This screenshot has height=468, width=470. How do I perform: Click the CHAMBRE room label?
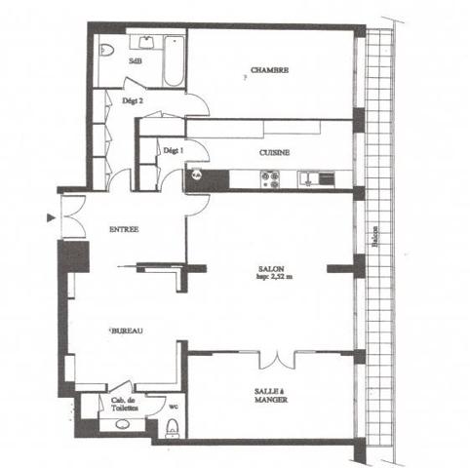[268, 69]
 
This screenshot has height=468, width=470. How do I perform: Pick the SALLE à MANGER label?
[268, 395]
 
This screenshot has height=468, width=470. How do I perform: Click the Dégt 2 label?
[134, 100]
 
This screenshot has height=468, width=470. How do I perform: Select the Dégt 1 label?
[173, 151]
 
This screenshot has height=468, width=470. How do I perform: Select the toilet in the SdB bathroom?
[108, 48]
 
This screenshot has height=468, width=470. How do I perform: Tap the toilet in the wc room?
[173, 426]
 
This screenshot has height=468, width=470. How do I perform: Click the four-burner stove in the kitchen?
[268, 177]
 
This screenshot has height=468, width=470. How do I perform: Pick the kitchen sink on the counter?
[311, 177]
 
